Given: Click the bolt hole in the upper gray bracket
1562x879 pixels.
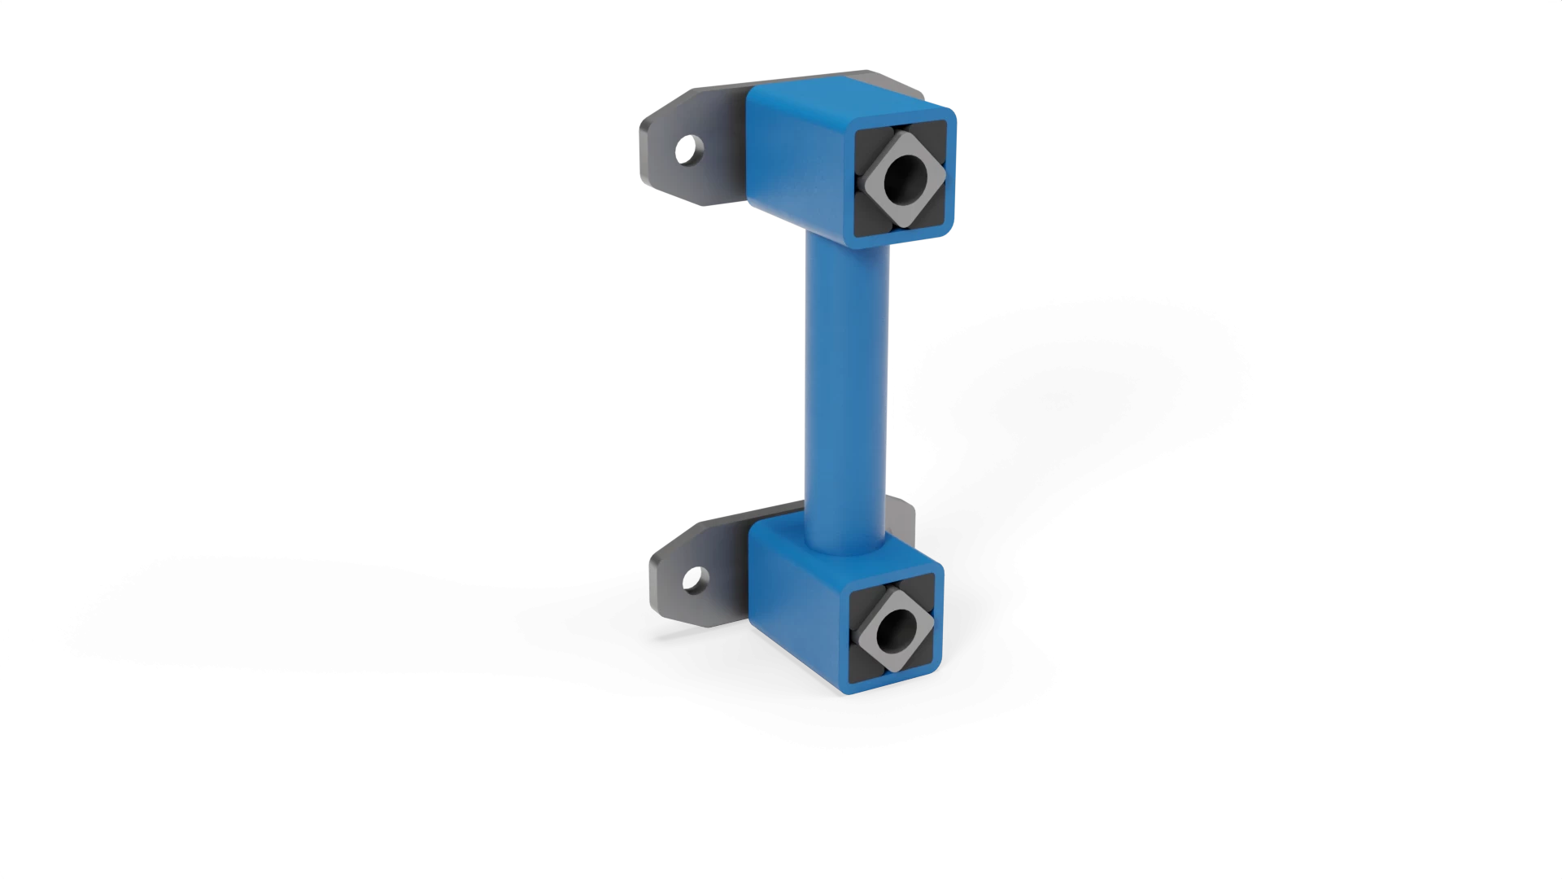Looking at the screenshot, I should point(688,150).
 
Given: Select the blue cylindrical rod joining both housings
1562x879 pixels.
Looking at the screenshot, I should point(846,383).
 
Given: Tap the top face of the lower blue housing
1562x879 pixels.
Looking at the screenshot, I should point(781,529).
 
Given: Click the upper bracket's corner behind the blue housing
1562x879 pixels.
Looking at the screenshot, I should point(895,81).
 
